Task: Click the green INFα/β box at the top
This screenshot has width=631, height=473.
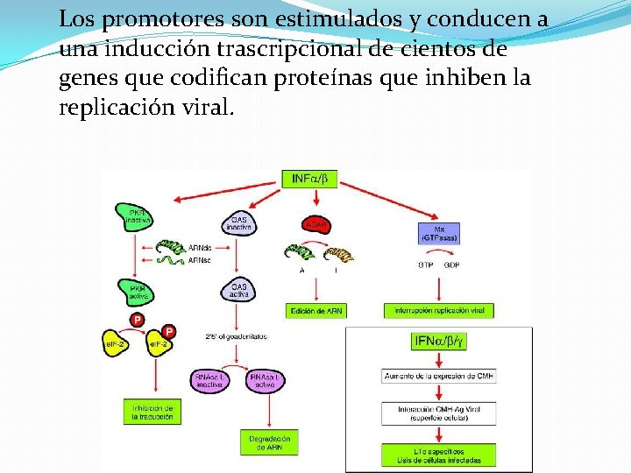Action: [x=309, y=180]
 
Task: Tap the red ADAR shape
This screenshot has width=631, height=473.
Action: [x=315, y=224]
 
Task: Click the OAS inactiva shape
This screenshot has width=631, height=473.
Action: [x=238, y=223]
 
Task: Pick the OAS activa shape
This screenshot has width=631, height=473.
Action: [x=238, y=290]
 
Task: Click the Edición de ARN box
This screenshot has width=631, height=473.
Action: [x=316, y=311]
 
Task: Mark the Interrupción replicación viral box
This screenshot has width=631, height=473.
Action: [x=438, y=311]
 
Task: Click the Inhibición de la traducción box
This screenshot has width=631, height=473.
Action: [x=153, y=413]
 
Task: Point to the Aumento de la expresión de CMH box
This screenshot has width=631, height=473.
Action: [x=438, y=377]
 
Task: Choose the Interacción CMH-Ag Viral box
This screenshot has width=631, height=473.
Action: [x=438, y=413]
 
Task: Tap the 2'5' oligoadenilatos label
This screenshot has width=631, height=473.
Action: [x=238, y=336]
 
